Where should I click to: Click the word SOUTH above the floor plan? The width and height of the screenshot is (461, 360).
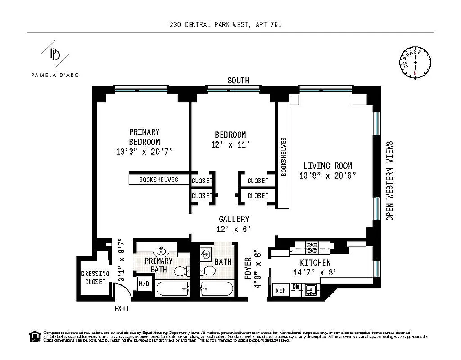(x=238, y=81)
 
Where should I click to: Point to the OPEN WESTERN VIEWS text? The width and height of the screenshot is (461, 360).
(x=390, y=181)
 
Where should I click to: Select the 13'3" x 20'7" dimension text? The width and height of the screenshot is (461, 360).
(x=145, y=152)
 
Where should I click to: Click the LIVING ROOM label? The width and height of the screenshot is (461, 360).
(x=327, y=166)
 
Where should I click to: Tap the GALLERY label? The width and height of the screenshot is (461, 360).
(x=234, y=219)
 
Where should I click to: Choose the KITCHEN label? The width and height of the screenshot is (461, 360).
(x=315, y=263)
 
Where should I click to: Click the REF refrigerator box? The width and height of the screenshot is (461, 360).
(x=280, y=290)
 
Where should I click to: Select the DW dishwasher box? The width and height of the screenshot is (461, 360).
(x=296, y=287)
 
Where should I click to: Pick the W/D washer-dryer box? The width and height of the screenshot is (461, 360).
(x=144, y=284)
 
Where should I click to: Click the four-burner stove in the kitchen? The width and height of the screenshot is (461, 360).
(x=312, y=247)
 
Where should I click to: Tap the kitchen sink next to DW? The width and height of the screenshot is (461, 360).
(x=310, y=290)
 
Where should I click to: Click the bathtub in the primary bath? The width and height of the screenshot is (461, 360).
(x=172, y=288)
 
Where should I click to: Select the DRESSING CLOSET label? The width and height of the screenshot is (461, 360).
(x=95, y=278)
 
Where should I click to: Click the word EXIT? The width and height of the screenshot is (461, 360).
(x=122, y=309)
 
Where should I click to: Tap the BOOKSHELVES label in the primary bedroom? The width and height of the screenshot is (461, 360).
(x=158, y=180)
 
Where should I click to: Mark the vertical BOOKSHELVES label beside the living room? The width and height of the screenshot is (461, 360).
(x=284, y=156)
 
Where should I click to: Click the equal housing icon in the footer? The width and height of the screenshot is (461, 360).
(x=34, y=335)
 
